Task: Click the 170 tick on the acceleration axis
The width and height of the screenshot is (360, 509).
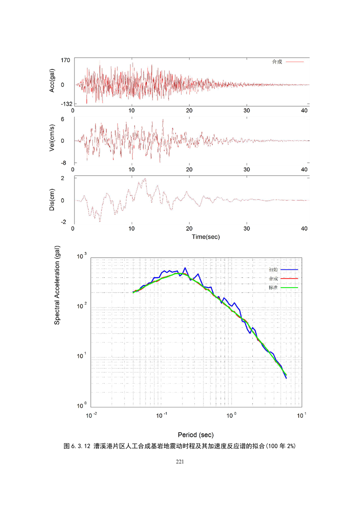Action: click(x=65, y=59)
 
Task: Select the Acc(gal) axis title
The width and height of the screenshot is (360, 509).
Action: click(x=53, y=82)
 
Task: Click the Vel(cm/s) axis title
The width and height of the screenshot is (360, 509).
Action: click(x=53, y=140)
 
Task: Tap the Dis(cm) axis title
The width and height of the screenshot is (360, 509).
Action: click(x=53, y=200)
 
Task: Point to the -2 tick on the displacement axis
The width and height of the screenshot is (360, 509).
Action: click(x=66, y=222)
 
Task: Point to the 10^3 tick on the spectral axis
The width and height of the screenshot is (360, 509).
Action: click(x=82, y=257)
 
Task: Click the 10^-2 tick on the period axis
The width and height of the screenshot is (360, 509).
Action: click(x=92, y=415)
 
